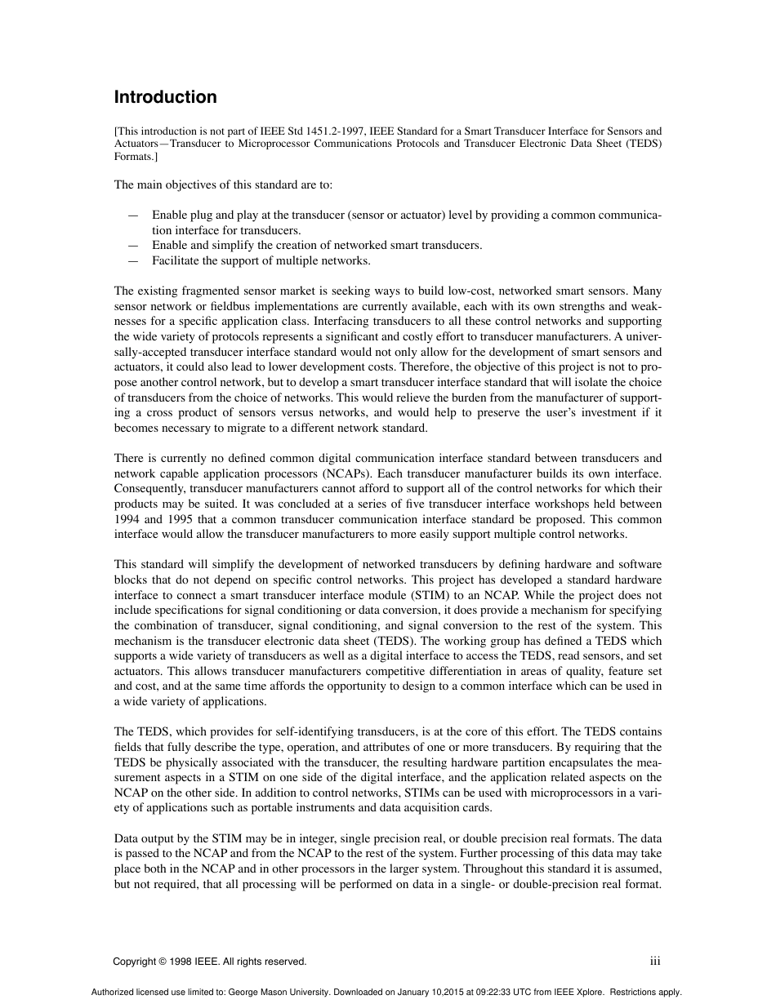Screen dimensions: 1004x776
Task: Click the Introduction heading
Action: click(x=165, y=97)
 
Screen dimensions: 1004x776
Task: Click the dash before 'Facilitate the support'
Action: click(x=133, y=261)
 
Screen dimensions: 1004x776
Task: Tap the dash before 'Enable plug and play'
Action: click(x=133, y=215)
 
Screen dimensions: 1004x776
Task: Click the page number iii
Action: click(x=654, y=962)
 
